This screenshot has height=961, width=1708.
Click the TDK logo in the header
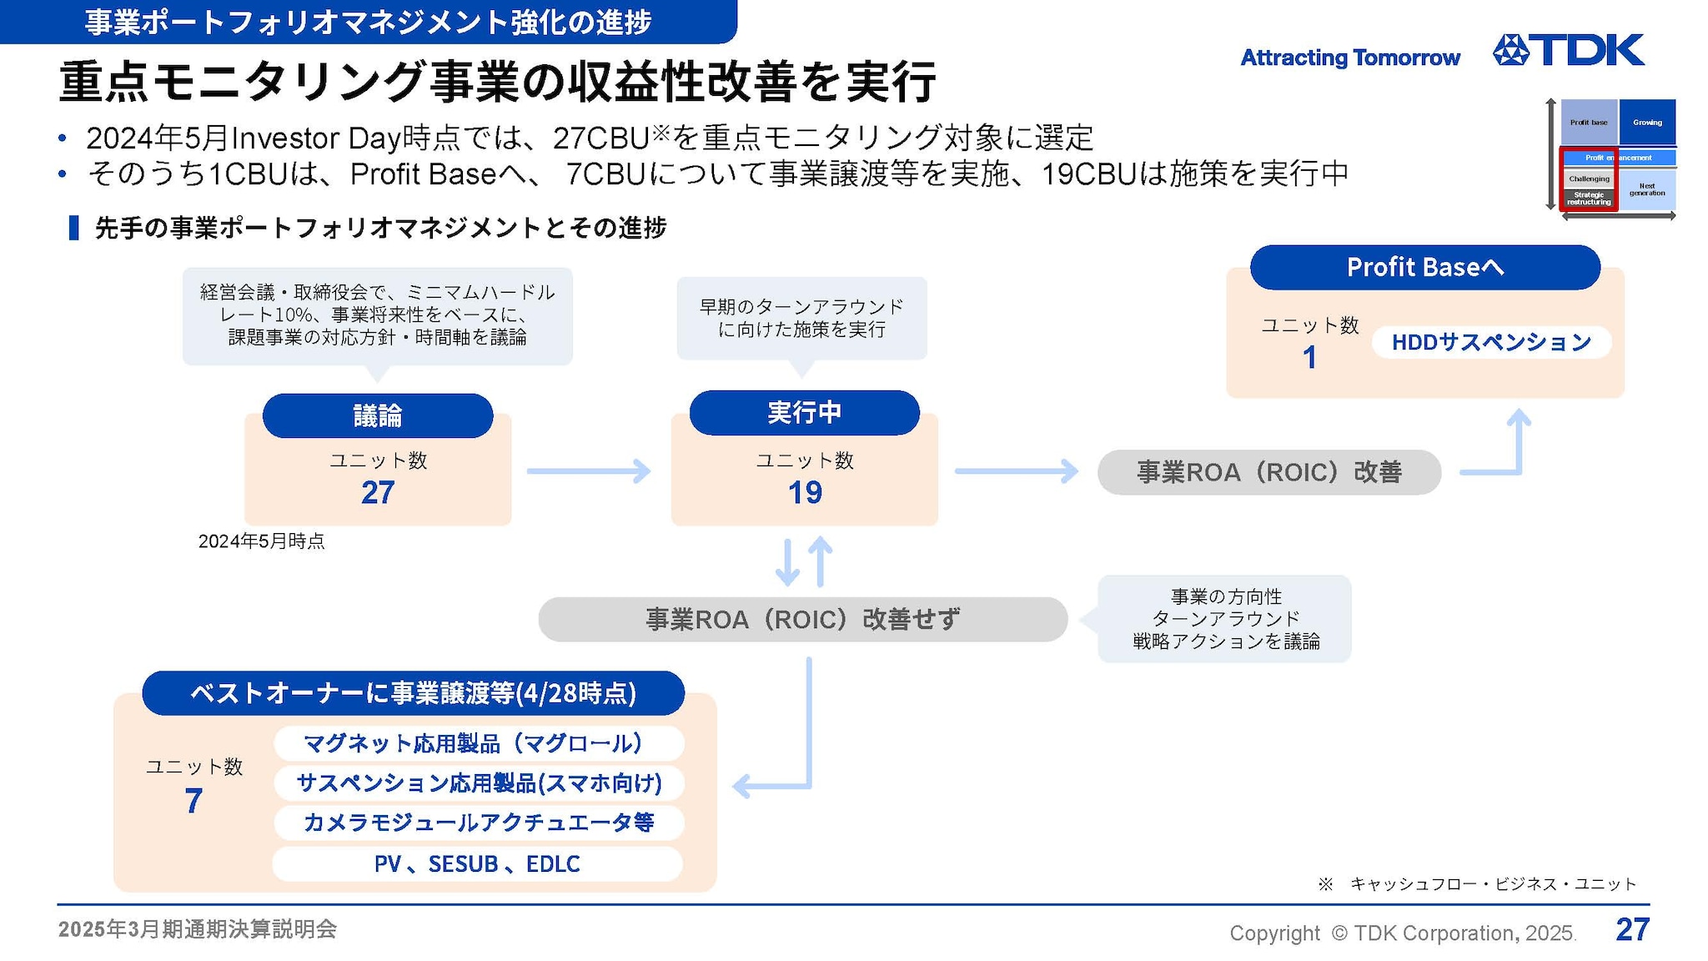click(x=1568, y=50)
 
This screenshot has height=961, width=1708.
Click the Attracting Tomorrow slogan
click(x=1350, y=58)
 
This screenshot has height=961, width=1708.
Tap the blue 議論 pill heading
click(x=378, y=415)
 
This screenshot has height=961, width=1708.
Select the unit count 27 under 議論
click(x=378, y=493)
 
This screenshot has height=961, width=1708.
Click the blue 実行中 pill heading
click(x=804, y=413)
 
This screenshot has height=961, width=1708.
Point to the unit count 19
click(x=805, y=493)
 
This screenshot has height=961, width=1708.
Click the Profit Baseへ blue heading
click(x=1424, y=268)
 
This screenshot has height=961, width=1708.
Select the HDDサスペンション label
click(x=1491, y=342)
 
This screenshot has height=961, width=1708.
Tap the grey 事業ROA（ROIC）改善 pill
click(x=1268, y=472)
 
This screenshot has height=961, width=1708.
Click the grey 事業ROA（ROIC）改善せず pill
click(x=802, y=619)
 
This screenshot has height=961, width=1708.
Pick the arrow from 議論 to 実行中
click(x=589, y=471)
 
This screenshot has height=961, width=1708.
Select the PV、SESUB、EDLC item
click(x=477, y=864)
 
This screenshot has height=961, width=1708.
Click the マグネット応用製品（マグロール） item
click(x=479, y=743)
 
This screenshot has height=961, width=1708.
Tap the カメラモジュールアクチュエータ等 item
click(x=479, y=823)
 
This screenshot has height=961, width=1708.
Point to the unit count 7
click(x=193, y=802)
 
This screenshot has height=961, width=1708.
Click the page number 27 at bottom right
click(x=1632, y=929)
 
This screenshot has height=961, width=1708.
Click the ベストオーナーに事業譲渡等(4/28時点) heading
click(x=413, y=693)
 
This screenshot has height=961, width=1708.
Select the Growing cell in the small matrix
click(x=1647, y=123)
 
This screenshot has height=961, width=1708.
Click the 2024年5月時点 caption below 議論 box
click(x=261, y=541)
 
